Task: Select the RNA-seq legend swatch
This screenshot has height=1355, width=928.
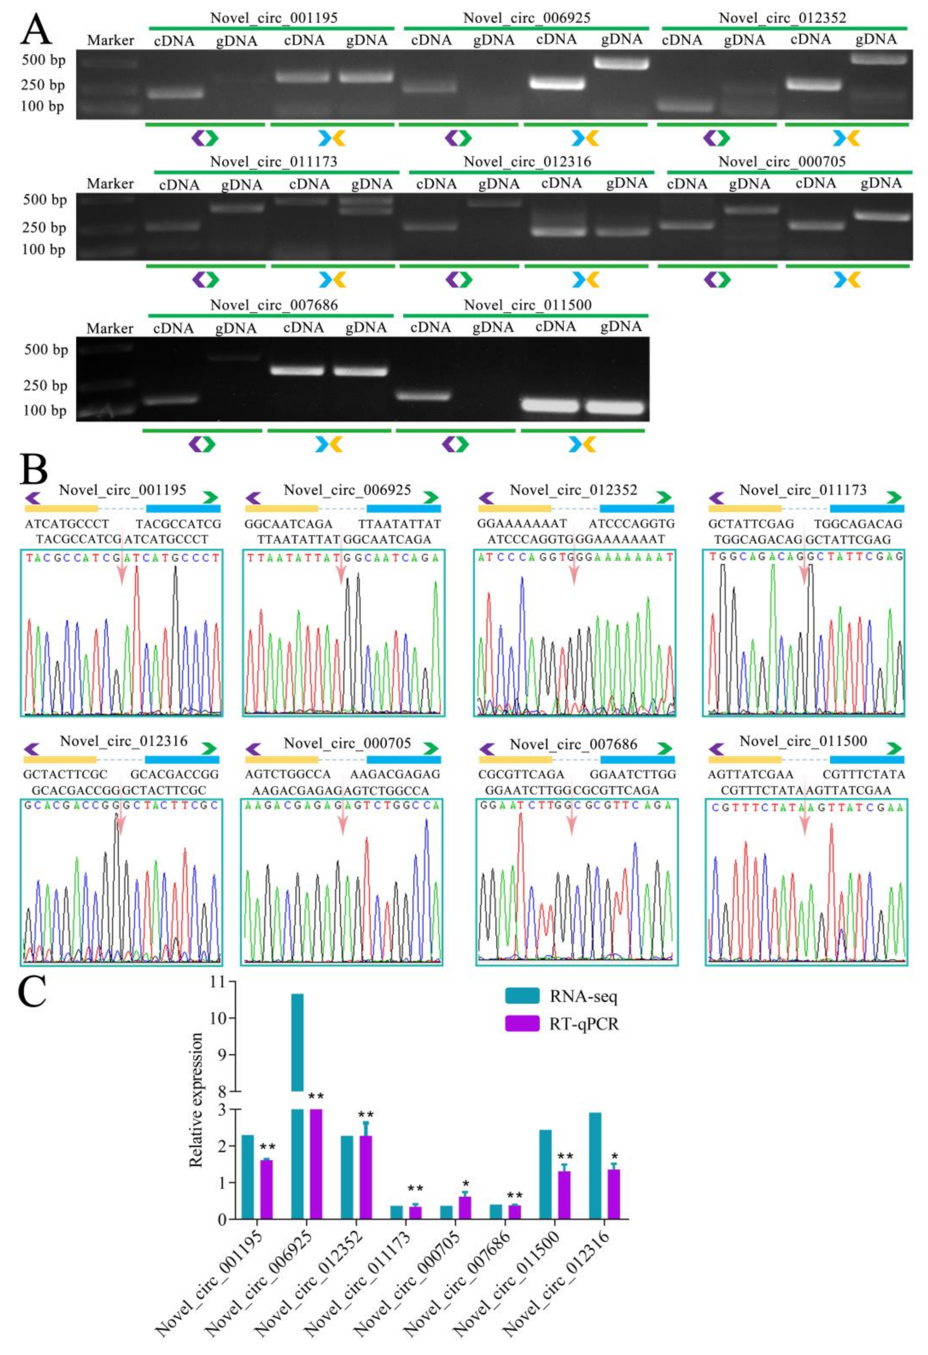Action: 522,995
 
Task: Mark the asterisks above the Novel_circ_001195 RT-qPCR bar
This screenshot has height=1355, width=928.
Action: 268,1146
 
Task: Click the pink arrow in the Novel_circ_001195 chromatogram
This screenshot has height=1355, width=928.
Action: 121,565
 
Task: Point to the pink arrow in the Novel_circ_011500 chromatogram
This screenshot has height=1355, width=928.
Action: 805,816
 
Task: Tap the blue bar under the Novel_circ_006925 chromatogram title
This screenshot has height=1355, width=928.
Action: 403,508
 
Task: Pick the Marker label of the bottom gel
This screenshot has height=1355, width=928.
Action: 110,328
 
